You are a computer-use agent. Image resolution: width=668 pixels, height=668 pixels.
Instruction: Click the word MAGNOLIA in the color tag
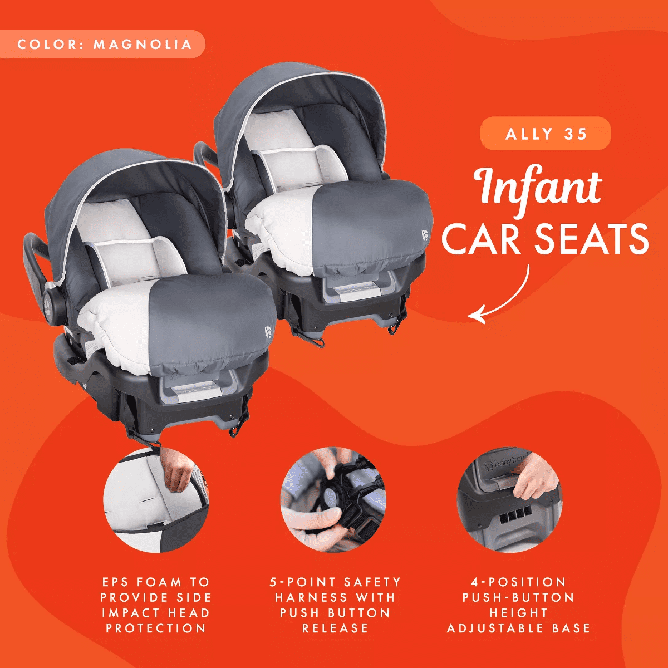coord(143,45)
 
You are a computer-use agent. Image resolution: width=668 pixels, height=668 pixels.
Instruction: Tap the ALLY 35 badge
coord(546,134)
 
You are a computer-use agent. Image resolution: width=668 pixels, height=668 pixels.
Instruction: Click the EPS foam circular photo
coord(156,499)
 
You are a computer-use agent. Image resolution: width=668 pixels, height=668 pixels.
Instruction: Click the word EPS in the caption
coord(116,582)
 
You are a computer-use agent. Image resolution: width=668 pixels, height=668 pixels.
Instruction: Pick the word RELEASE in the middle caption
coord(335,628)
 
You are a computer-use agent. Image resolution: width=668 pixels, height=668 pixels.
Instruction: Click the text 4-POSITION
coord(518,582)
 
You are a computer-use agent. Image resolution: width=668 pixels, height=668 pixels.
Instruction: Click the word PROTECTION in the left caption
coord(156,628)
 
